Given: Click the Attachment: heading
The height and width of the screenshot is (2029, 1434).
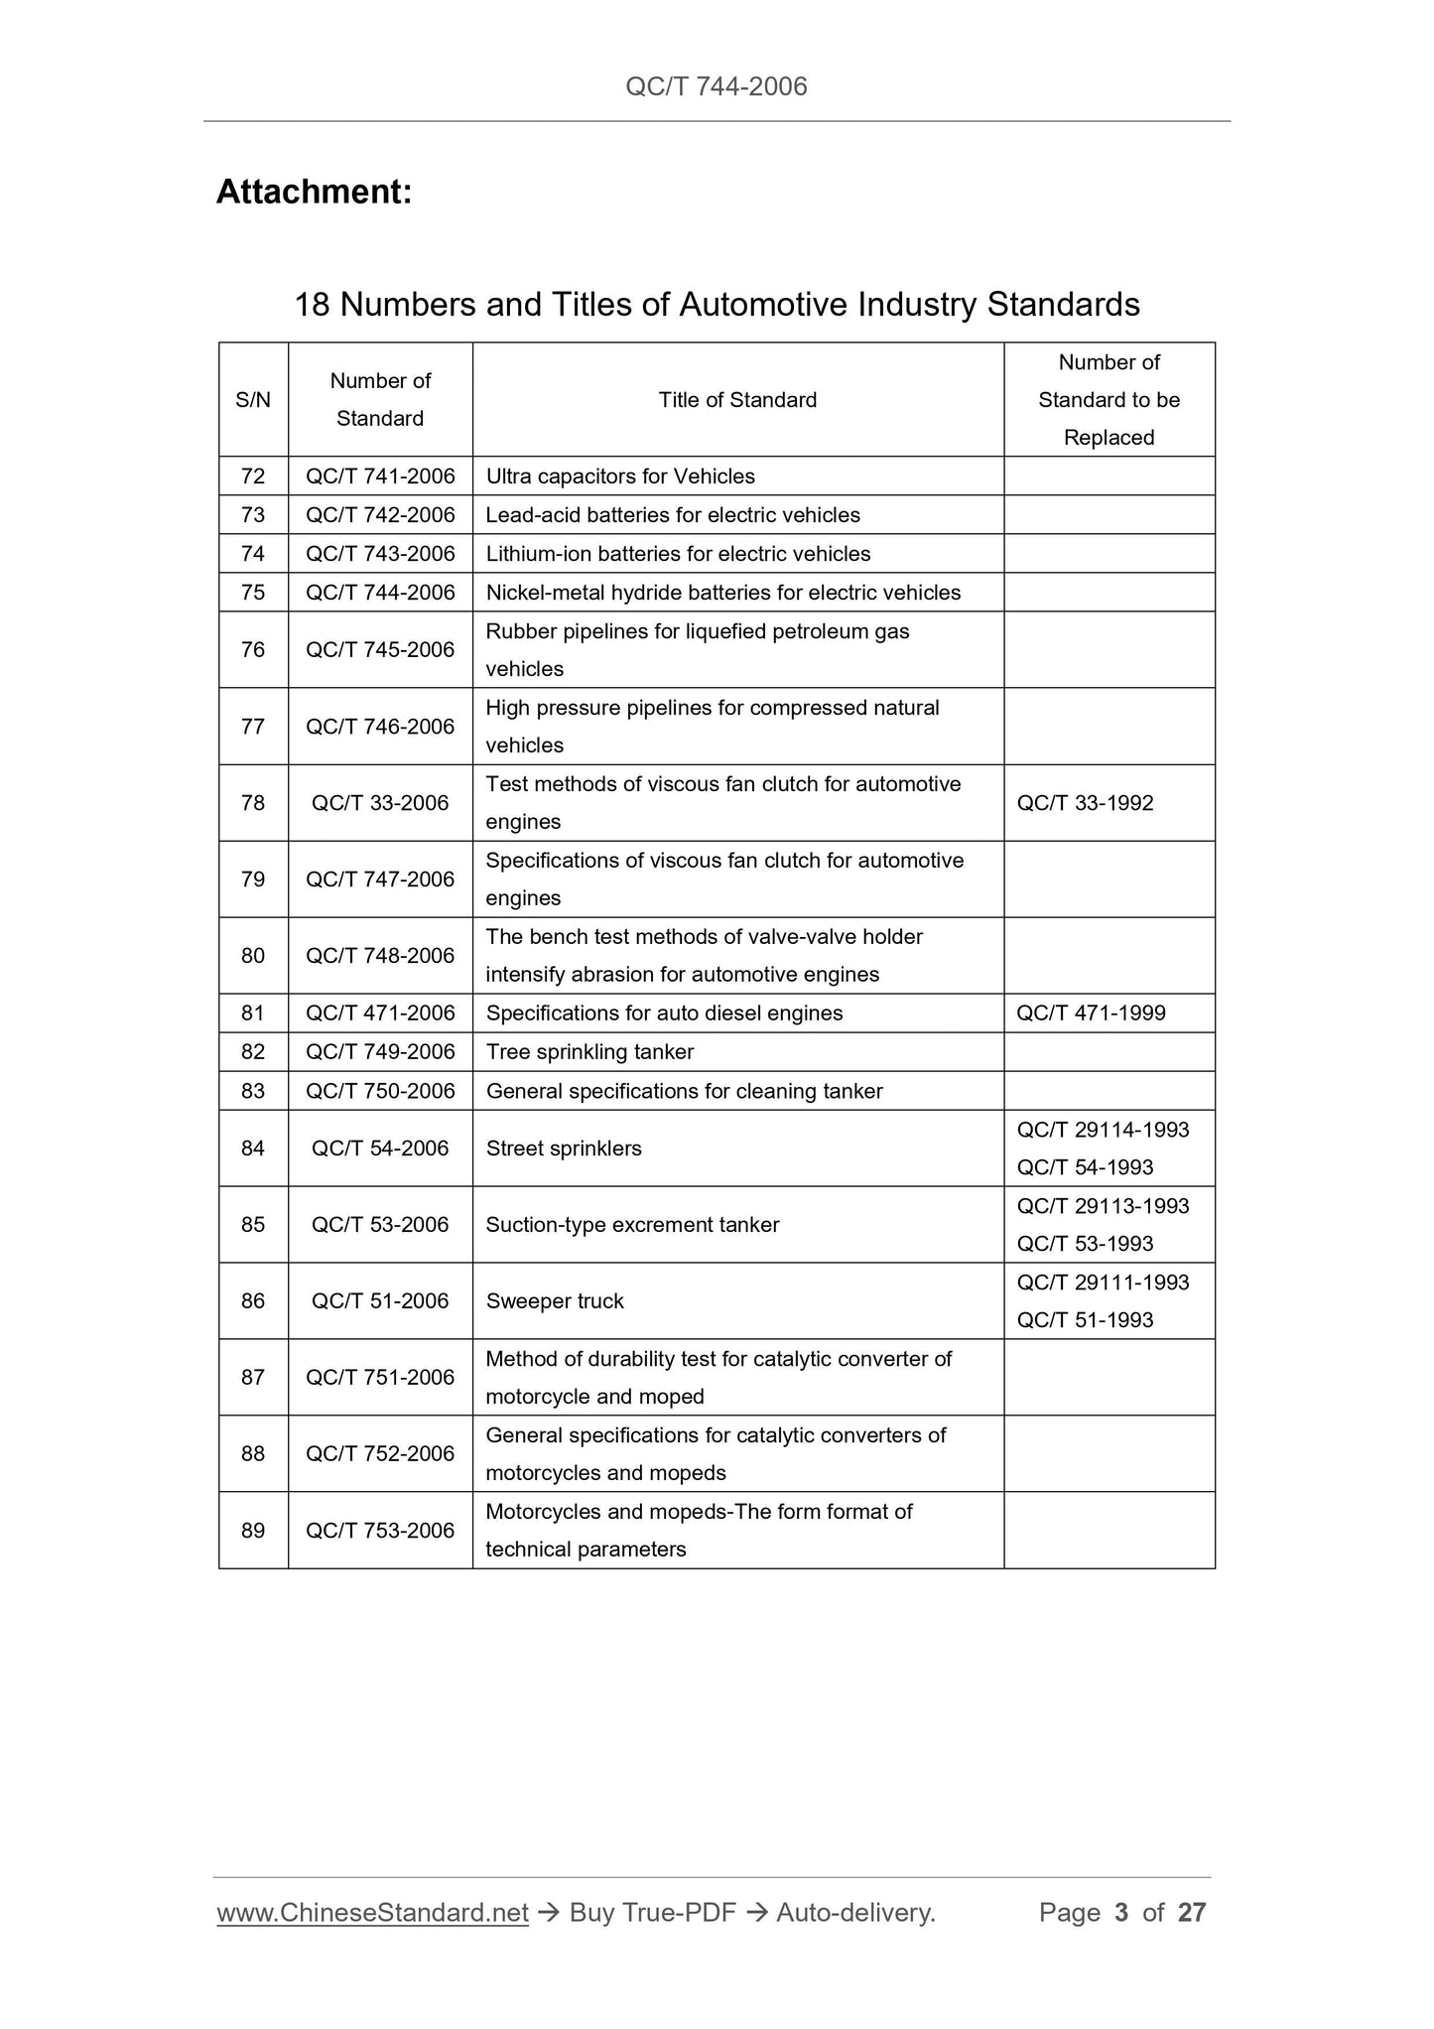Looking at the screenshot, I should click(x=314, y=192).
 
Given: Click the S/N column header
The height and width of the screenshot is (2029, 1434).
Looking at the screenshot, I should click(x=253, y=400).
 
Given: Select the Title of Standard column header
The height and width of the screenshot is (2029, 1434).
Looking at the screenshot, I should click(x=737, y=400).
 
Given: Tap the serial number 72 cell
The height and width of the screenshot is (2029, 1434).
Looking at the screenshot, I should click(x=253, y=476).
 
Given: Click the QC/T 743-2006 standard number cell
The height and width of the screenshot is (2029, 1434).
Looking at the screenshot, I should click(x=380, y=554).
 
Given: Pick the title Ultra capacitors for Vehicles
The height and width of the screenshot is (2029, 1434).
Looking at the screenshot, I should click(x=620, y=476).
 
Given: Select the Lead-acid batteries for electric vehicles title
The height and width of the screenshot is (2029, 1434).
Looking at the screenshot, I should click(x=673, y=515).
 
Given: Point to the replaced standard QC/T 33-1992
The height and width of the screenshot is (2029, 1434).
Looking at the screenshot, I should click(x=1085, y=803).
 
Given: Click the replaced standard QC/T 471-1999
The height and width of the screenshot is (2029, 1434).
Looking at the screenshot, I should click(x=1091, y=1014).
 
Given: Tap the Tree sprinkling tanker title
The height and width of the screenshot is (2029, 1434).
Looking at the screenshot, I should click(x=589, y=1052).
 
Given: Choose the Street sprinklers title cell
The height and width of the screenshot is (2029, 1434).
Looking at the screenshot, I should click(x=564, y=1149).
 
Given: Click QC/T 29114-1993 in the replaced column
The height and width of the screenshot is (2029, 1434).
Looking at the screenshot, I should click(x=1103, y=1130).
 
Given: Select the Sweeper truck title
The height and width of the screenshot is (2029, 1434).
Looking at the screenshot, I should click(x=555, y=1301).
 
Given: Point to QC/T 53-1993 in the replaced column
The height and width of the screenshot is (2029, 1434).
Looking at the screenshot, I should click(x=1085, y=1244).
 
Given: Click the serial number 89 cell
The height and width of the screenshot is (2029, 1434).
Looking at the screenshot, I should click(x=253, y=1531).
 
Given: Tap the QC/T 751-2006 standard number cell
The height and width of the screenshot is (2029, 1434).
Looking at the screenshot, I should click(x=380, y=1378).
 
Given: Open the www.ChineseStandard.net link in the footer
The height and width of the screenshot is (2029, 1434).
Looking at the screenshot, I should click(x=372, y=1913).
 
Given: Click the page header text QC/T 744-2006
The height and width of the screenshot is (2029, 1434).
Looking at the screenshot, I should click(x=717, y=86).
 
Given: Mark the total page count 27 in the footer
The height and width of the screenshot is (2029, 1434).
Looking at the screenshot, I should click(x=1191, y=1913).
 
